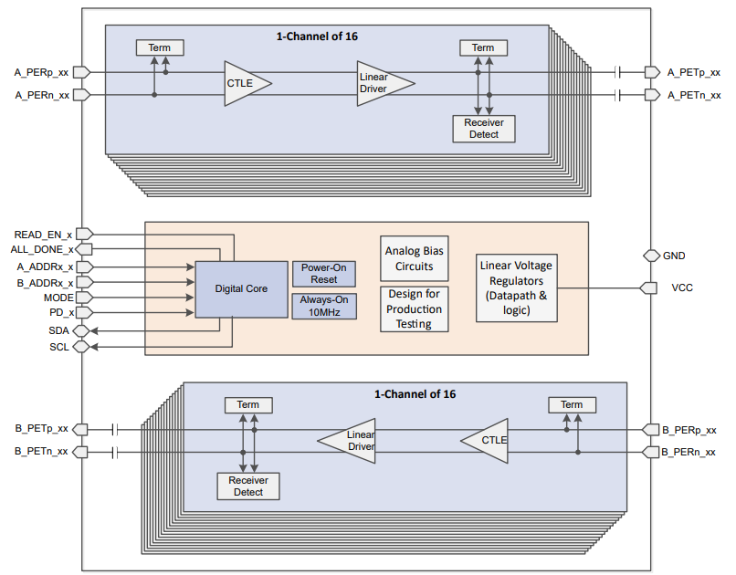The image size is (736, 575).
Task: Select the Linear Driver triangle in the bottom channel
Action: pyautogui.click(x=351, y=441)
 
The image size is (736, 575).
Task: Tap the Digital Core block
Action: pyautogui.click(x=241, y=288)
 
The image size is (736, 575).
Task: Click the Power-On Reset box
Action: pyautogui.click(x=323, y=273)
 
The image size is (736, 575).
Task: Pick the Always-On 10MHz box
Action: pyautogui.click(x=323, y=306)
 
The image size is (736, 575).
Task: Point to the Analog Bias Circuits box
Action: pyautogui.click(x=415, y=258)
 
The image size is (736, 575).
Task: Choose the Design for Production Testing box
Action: pyautogui.click(x=414, y=309)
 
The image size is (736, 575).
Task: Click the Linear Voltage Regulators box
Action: pyautogui.click(x=516, y=288)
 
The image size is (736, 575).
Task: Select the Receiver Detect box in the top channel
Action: pyautogui.click(x=483, y=128)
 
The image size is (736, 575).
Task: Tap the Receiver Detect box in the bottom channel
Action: pyautogui.click(x=247, y=486)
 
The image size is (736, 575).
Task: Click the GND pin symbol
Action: pyautogui.click(x=651, y=256)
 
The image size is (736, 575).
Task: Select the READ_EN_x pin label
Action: pyautogui.click(x=43, y=235)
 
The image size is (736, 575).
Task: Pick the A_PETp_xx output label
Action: pyautogui.click(x=694, y=71)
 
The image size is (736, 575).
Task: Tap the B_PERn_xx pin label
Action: pyautogui.click(x=691, y=452)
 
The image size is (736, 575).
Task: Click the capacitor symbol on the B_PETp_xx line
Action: pyautogui.click(x=116, y=429)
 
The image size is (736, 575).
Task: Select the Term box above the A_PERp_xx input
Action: pyautogui.click(x=159, y=47)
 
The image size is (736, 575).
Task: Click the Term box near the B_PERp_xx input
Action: pyautogui.click(x=571, y=404)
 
